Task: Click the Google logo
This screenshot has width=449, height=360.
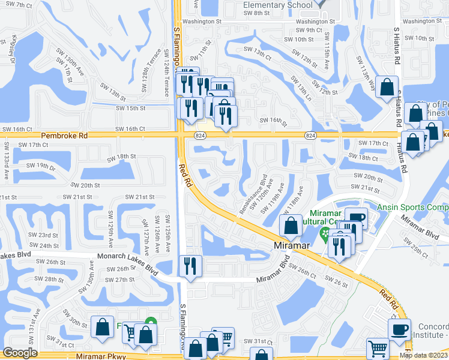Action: coord(20,353)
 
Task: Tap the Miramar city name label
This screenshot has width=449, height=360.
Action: coord(291,246)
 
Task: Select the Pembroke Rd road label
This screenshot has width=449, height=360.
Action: coord(62,136)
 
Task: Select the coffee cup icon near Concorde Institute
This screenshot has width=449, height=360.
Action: coord(400,329)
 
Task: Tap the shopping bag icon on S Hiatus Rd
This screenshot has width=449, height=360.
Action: coord(387,87)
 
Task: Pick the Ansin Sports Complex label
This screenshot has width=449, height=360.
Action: coord(413,208)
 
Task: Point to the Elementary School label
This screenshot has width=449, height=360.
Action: coord(278,5)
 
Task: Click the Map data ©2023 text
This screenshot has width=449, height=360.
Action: coord(423,355)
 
